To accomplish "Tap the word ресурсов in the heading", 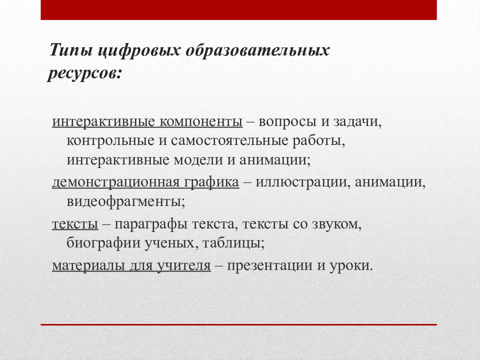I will pyautogui.click(x=84, y=73).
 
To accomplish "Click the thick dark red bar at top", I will pyautogui.click(x=238, y=10).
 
